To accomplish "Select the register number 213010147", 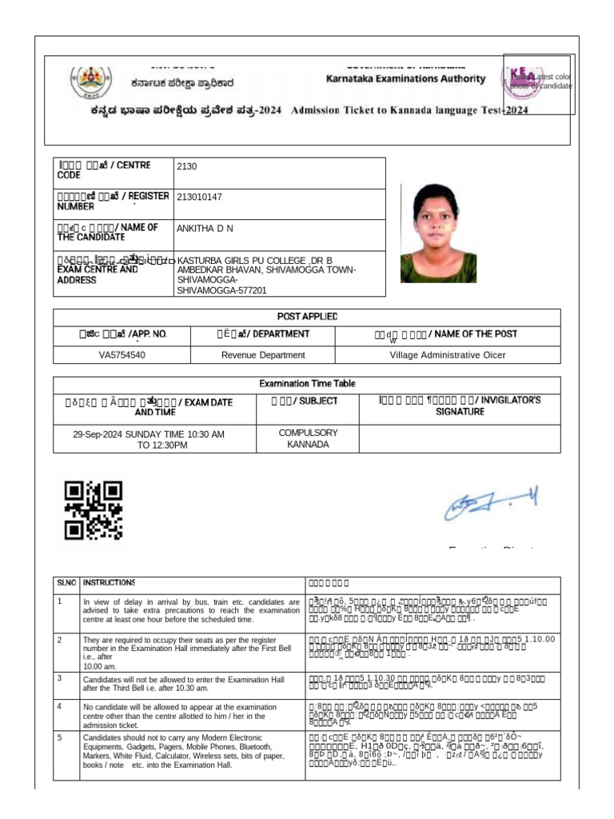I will (x=200, y=197).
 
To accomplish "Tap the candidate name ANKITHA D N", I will (x=205, y=228).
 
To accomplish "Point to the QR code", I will (x=93, y=509).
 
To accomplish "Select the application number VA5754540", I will (x=122, y=355).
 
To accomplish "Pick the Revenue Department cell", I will (x=263, y=355).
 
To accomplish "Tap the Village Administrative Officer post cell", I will (x=447, y=355).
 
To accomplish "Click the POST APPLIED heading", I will (x=307, y=317).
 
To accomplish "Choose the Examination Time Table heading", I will (x=307, y=385).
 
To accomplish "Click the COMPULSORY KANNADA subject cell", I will (x=308, y=438).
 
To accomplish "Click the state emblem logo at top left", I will (x=86, y=80).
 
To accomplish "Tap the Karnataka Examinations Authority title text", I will (x=405, y=78).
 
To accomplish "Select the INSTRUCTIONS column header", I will (x=109, y=583).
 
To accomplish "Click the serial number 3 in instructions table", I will (x=59, y=678).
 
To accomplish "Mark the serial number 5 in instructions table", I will (x=59, y=737).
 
